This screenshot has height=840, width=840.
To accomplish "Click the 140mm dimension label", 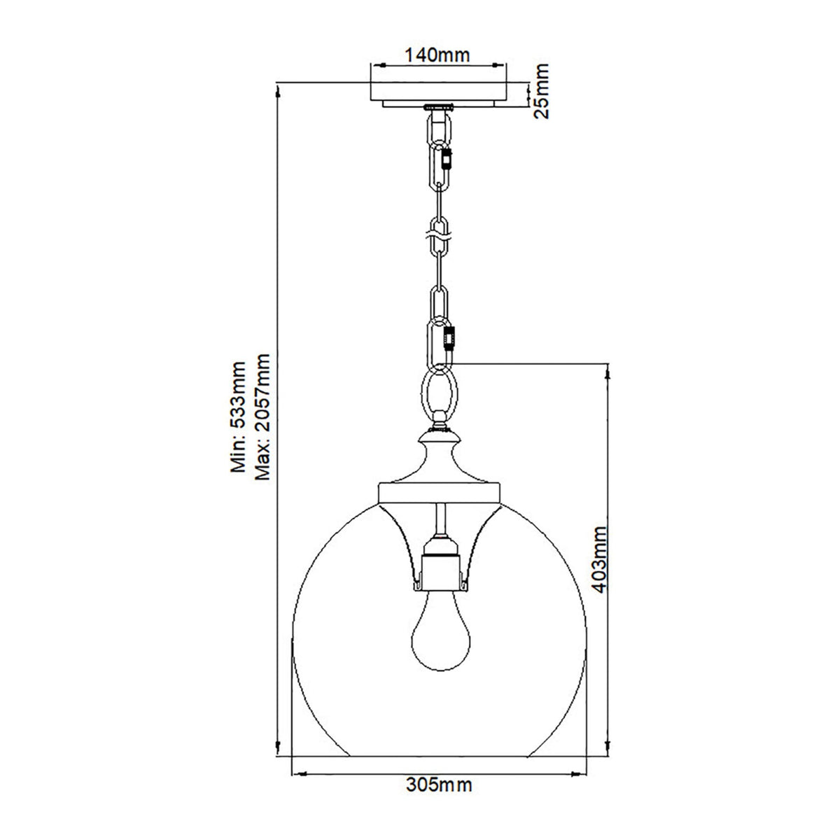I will tap(439, 53).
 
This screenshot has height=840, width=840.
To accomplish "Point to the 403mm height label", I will tap(597, 557).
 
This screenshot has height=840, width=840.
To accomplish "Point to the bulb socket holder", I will tap(439, 563).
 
